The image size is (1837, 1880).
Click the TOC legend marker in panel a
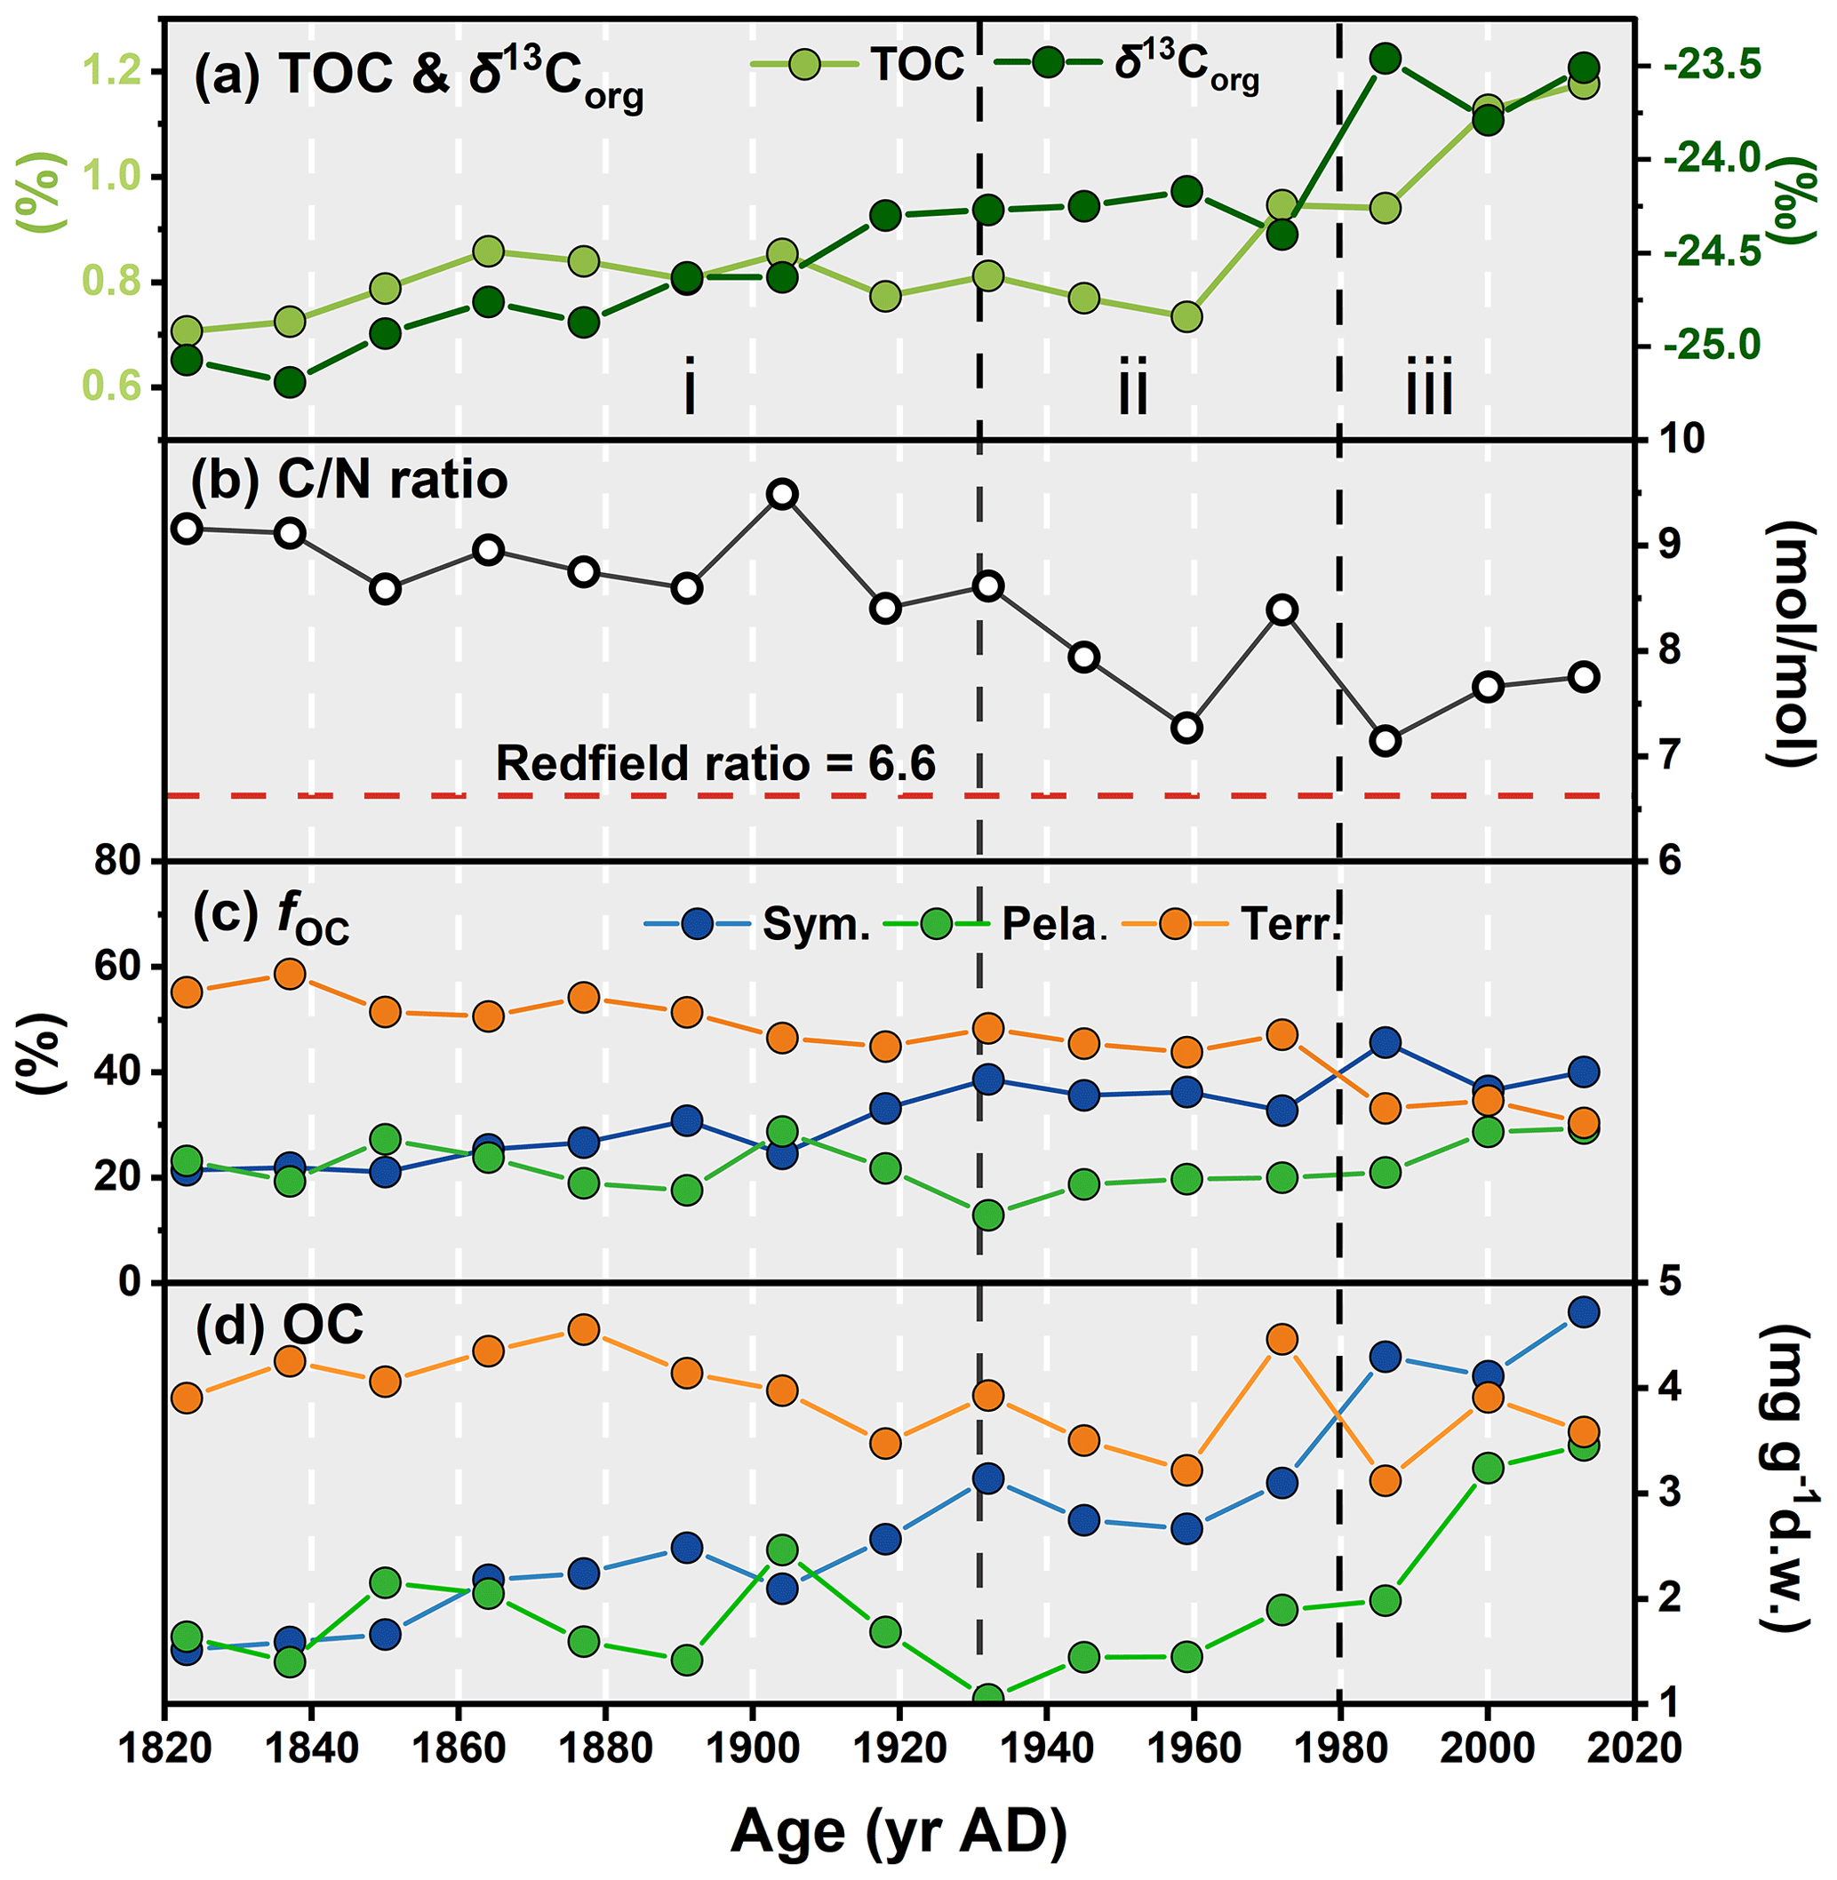[803, 65]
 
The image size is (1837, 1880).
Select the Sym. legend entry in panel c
[698, 923]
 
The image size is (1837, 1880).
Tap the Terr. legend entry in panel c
[1175, 923]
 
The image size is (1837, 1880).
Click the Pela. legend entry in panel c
[935, 923]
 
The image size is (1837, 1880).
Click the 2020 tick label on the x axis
[1633, 1747]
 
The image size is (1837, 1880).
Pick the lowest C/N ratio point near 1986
[1386, 741]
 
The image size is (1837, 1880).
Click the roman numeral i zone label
[689, 386]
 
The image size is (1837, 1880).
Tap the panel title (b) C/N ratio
[349, 480]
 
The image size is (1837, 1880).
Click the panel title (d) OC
[280, 1325]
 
